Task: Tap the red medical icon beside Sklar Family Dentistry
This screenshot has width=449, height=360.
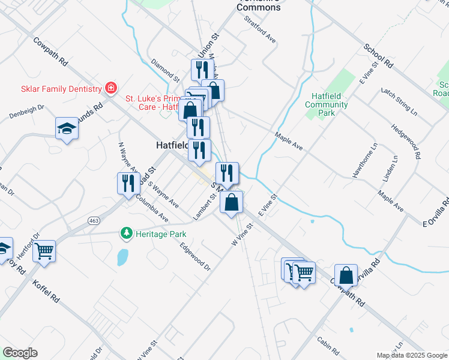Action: click(110, 89)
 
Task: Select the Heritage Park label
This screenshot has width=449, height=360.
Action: click(160, 234)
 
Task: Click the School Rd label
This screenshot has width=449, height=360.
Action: click(378, 55)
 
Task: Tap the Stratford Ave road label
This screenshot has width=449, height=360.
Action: click(261, 29)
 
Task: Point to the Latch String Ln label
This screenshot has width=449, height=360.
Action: click(399, 100)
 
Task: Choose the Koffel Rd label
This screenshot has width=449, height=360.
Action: click(46, 290)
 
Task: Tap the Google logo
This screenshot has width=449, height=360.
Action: click(20, 352)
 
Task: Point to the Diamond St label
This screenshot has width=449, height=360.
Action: click(166, 70)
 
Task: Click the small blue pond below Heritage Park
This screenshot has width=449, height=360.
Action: click(122, 257)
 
